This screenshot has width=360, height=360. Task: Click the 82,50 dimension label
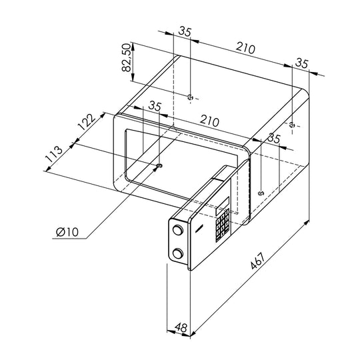[x=127, y=58]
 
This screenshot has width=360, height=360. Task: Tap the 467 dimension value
[x=258, y=261]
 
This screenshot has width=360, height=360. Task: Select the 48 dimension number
[x=181, y=327]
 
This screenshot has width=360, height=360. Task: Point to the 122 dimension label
[x=86, y=122]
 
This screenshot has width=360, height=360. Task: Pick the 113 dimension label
[x=54, y=154]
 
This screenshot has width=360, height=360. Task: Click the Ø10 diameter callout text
[x=67, y=232]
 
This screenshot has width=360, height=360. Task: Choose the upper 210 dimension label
[x=245, y=48]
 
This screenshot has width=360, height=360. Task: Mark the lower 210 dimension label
[x=209, y=121]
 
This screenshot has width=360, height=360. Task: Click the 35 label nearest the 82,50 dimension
[x=185, y=31]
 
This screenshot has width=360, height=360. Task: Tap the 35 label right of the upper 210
[x=302, y=63]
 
